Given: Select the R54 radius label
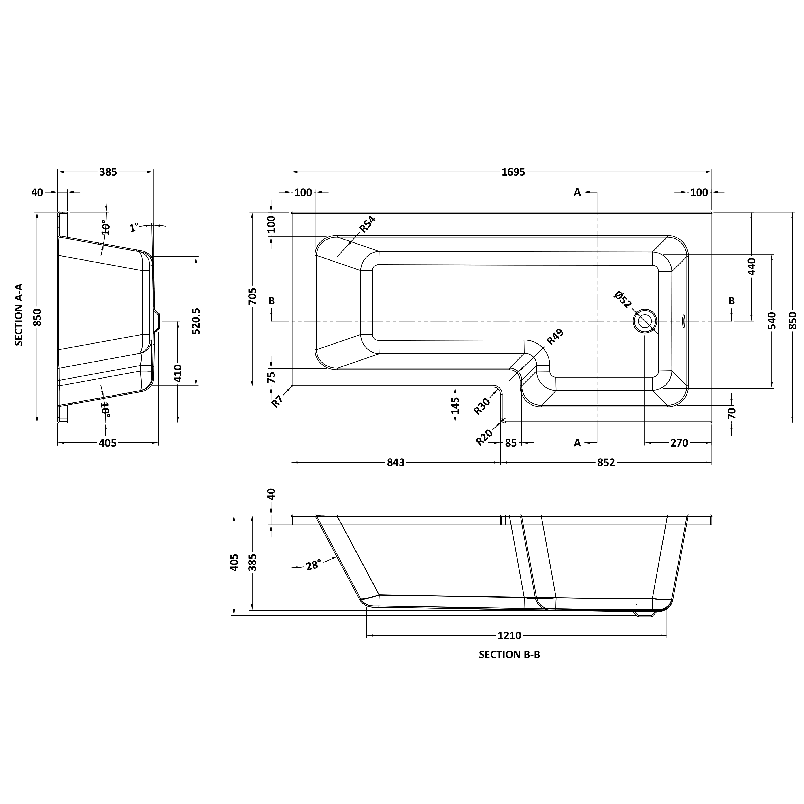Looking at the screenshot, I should click(368, 224).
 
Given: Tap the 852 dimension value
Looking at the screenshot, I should click(606, 462).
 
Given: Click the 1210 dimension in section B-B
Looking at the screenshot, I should click(509, 636).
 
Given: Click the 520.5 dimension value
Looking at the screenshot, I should click(196, 321).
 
